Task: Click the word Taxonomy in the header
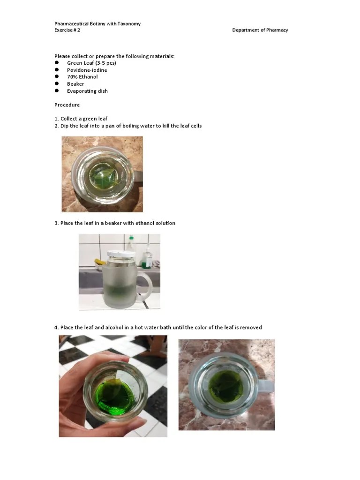pos(128,23)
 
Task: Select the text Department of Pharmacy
pos(260,30)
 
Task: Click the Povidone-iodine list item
pos(87,70)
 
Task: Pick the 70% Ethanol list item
pos(82,77)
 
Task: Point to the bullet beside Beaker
pos(56,84)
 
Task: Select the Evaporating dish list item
pos(87,91)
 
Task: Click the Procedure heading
pos(67,105)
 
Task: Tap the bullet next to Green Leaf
pos(56,63)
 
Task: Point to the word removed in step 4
pos(252,327)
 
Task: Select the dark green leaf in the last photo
pos(225,386)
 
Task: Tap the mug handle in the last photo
pos(266,386)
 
